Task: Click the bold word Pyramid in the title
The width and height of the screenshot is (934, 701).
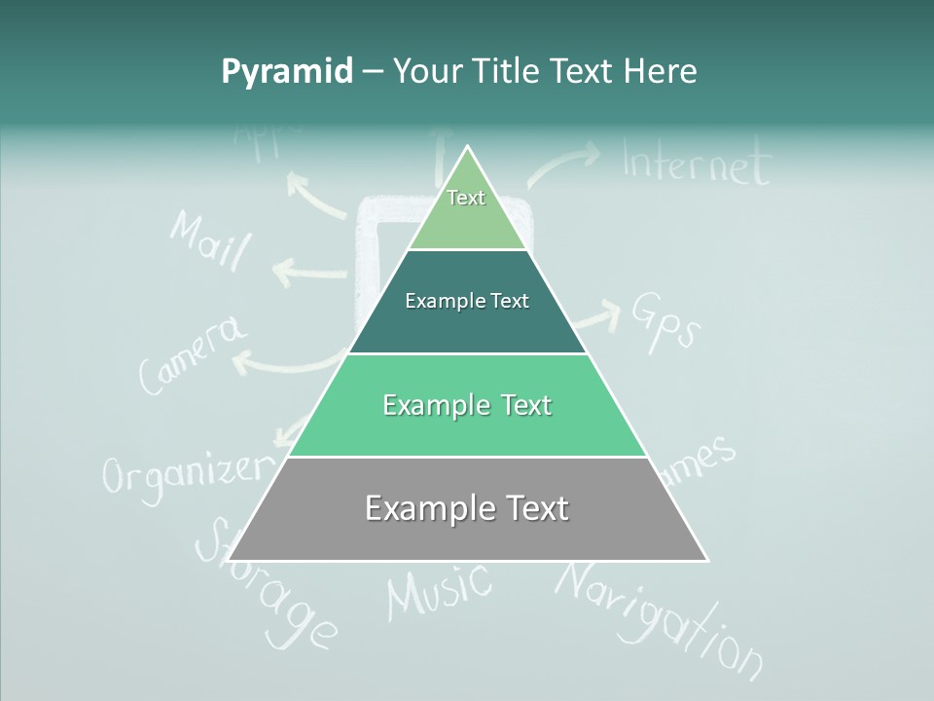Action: (x=286, y=72)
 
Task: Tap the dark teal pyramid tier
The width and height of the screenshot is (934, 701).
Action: (x=467, y=301)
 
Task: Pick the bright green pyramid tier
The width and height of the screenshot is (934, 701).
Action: (x=467, y=405)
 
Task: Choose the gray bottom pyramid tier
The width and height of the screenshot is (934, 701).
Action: (x=467, y=508)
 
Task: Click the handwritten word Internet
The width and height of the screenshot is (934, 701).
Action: (x=696, y=164)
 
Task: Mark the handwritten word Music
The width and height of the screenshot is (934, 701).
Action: (x=439, y=590)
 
